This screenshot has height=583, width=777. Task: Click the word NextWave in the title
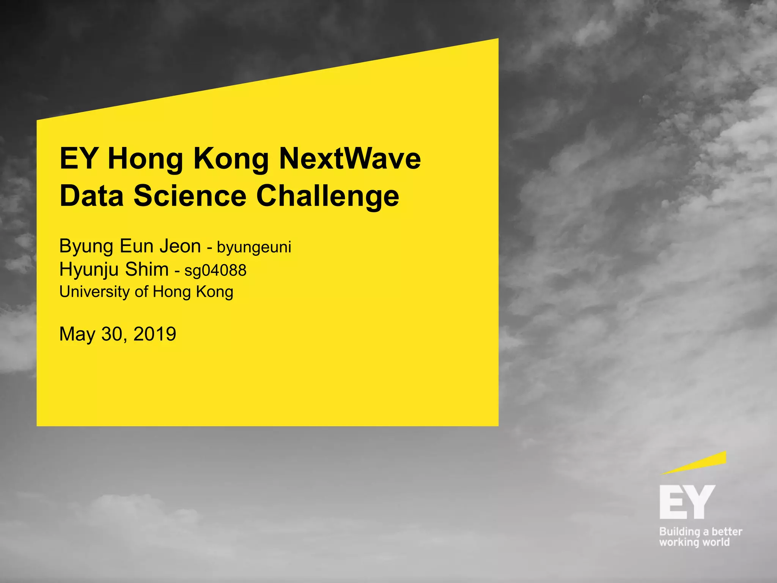pyautogui.click(x=350, y=158)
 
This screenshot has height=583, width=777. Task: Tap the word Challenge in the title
pyautogui.click(x=327, y=196)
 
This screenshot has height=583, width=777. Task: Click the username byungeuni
pyautogui.click(x=254, y=247)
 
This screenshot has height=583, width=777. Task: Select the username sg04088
pyautogui.click(x=215, y=271)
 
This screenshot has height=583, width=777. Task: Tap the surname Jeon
pyautogui.click(x=180, y=246)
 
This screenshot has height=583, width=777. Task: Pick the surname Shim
pyautogui.click(x=147, y=269)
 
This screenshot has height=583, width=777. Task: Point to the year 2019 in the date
pyautogui.click(x=155, y=334)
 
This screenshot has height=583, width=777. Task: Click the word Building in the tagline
pyautogui.click(x=679, y=532)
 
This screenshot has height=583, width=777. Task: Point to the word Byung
pyautogui.click(x=87, y=247)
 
